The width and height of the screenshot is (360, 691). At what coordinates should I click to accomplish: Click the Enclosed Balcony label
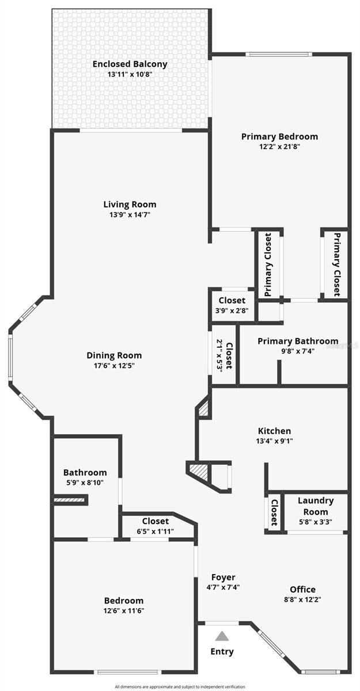(x=130, y=64)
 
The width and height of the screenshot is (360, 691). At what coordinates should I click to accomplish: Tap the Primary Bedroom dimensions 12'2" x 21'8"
(x=279, y=146)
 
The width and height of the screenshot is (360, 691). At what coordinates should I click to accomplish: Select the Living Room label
(x=130, y=204)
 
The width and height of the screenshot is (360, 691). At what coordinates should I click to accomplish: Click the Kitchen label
(x=274, y=431)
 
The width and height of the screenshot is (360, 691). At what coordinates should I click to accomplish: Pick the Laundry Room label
(x=316, y=506)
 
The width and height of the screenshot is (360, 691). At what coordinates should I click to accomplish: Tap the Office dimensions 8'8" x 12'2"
(x=302, y=599)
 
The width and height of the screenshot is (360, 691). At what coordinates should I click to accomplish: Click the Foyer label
(x=223, y=577)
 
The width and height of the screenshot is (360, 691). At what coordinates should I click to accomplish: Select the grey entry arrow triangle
(x=222, y=636)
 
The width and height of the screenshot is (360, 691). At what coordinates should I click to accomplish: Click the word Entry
(x=222, y=651)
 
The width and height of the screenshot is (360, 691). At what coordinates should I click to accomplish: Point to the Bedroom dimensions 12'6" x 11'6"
(x=124, y=610)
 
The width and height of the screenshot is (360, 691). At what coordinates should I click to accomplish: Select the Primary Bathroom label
(x=298, y=341)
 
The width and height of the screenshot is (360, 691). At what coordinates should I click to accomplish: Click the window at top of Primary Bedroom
(x=279, y=55)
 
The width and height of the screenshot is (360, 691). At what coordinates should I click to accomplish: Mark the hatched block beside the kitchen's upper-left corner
(x=203, y=409)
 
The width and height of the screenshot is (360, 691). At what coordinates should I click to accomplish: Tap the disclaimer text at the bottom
(x=180, y=686)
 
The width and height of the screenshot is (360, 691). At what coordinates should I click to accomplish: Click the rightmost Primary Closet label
(x=336, y=264)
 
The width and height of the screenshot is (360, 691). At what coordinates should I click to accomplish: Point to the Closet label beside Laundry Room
(x=275, y=512)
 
